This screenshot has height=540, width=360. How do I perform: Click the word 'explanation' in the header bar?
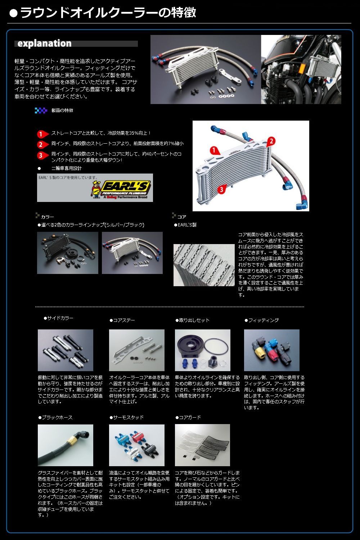pyautogui.click(x=44, y=44)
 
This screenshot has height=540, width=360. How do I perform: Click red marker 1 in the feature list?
pyautogui.click(x=42, y=134)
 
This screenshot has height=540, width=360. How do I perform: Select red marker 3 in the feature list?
pyautogui.click(x=42, y=156)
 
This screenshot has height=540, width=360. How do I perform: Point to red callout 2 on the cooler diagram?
pyautogui.click(x=271, y=141)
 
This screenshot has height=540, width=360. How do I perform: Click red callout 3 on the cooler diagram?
pyautogui.click(x=221, y=189)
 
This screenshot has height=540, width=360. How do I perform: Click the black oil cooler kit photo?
pyautogui.click(x=67, y=253)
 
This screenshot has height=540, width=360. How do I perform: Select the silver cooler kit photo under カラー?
pyautogui.click(x=132, y=253)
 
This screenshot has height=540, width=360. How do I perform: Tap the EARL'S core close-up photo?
pyautogui.click(x=204, y=265)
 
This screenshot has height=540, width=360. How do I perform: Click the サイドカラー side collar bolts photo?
pyautogui.click(x=66, y=350)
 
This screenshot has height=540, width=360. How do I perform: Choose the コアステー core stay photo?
pyautogui.click(x=137, y=350)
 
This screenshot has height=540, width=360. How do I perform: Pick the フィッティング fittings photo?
pyautogui.click(x=271, y=350)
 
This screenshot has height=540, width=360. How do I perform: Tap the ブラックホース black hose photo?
pyautogui.click(x=66, y=445)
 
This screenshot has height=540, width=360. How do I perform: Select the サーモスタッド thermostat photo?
pyautogui.click(x=137, y=445)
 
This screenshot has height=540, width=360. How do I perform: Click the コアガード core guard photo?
pyautogui.click(x=202, y=445)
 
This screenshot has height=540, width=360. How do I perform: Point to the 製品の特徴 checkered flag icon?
pyautogui.click(x=41, y=111)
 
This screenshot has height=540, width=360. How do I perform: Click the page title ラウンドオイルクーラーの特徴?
pyautogui.click(x=108, y=13)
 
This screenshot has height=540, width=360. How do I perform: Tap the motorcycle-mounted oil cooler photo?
pyautogui.click(x=301, y=69)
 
